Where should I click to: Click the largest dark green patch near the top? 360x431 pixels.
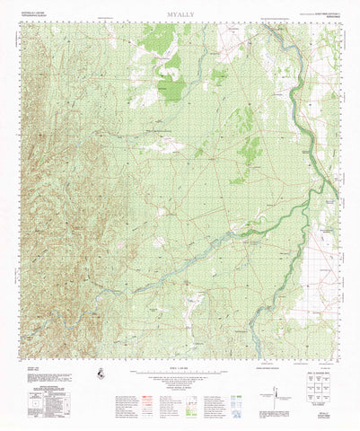[170, 86]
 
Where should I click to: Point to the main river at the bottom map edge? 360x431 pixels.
[253, 352]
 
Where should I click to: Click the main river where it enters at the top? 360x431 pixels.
[268, 25]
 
